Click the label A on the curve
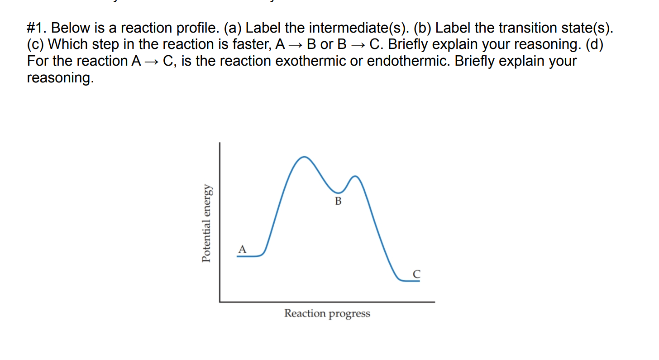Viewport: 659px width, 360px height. coord(243,249)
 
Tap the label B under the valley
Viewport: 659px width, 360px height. coord(338,201)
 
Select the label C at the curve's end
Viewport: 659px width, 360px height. coord(417,274)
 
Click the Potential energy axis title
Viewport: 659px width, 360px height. coord(207,223)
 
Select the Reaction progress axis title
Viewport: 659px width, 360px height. coord(327,313)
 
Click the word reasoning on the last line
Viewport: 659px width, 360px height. coord(60,77)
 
